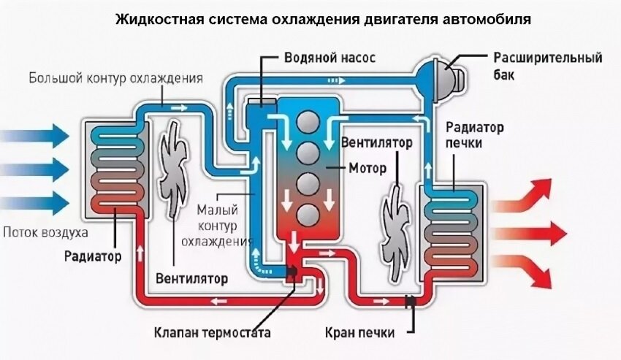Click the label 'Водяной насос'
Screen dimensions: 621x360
[x=329, y=58]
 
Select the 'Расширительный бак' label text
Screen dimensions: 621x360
[x=548, y=66]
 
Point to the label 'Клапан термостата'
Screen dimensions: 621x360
[x=213, y=332]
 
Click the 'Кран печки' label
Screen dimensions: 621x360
[x=360, y=332]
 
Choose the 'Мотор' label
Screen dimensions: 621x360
[x=367, y=169]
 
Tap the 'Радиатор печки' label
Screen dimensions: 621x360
[x=474, y=134]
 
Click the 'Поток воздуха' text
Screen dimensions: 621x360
[x=45, y=231]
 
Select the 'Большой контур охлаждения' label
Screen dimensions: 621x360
[x=115, y=77]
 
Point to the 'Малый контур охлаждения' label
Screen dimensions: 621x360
[x=217, y=226]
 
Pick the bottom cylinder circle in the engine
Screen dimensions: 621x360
[x=308, y=215]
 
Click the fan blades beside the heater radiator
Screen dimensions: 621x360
[x=396, y=231]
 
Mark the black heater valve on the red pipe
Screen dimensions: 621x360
[x=410, y=302]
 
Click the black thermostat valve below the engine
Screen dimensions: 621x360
[x=292, y=273]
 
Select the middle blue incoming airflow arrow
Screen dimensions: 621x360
[x=35, y=169]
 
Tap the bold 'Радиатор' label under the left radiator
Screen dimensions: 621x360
[x=93, y=256]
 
